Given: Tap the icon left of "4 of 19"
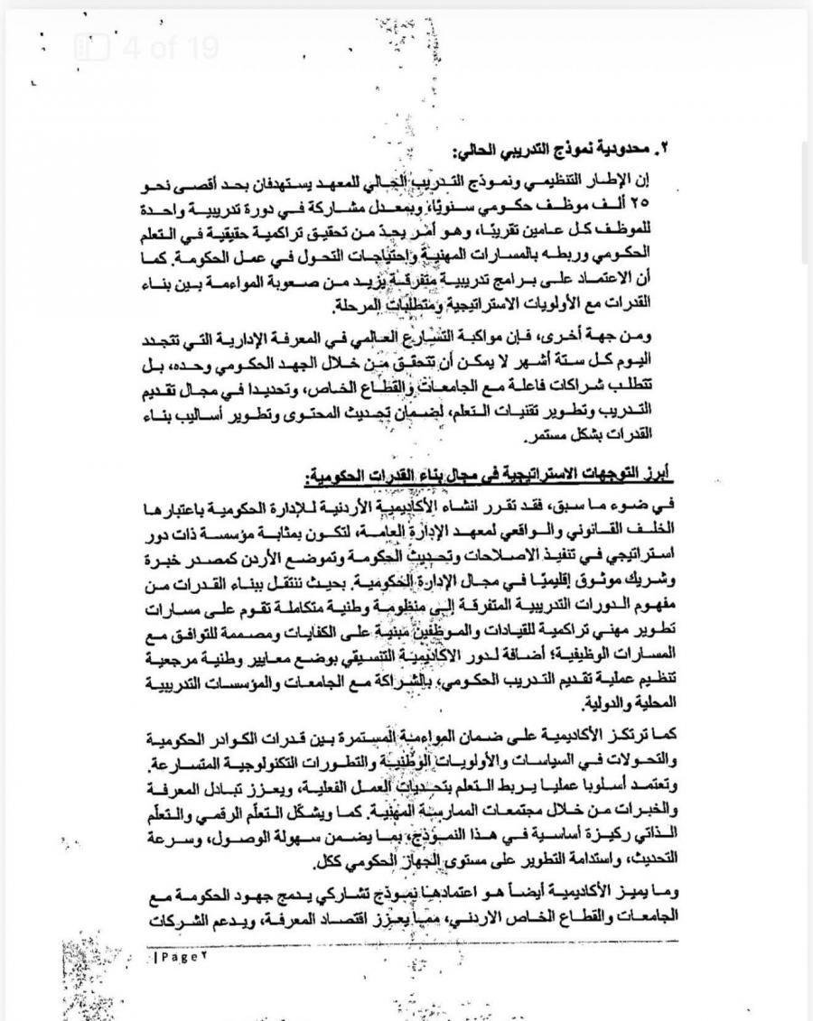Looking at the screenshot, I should (x=91, y=48).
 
